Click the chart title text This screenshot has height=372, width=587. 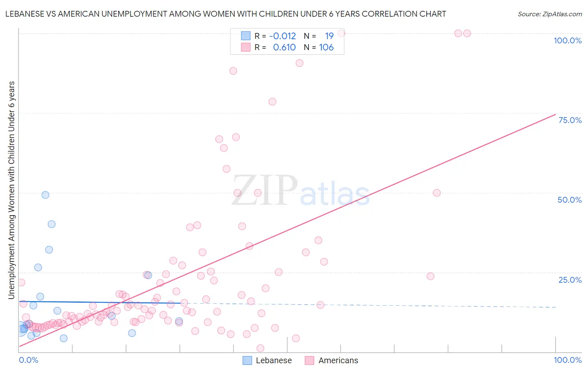point(225,14)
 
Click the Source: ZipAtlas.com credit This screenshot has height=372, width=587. point(549,14)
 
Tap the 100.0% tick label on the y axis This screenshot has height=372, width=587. point(567,40)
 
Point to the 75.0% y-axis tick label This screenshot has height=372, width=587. point(570,120)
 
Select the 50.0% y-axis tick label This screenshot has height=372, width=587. point(569,200)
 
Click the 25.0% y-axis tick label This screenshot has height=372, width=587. point(570,279)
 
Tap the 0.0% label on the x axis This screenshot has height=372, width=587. point(28,360)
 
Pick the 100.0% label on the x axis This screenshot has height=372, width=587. point(567,360)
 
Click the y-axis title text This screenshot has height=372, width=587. point(12,190)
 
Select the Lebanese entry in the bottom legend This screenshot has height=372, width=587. point(273,360)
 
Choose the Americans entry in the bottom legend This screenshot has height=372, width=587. point(338,360)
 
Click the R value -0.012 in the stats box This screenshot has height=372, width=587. point(282,36)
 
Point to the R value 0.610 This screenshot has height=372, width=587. point(284,48)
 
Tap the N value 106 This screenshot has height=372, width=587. point(326,48)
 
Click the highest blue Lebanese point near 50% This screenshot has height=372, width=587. point(46,195)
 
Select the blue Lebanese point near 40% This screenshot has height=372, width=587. point(52,224)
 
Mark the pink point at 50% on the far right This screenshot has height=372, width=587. point(437,193)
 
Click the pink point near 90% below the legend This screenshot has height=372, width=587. point(299,63)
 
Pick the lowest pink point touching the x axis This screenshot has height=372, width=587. point(261,348)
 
